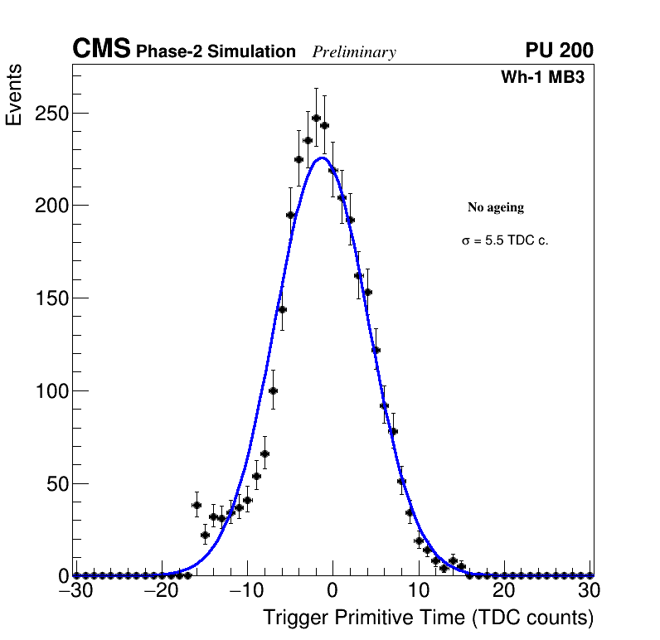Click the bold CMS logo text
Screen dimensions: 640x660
coord(101,50)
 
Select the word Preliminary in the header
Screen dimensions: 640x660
coord(354,52)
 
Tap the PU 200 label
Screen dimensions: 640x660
coord(559,51)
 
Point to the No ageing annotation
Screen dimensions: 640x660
coord(496,207)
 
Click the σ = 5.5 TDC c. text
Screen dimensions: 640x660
coord(505,241)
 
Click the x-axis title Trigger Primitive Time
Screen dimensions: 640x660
coord(428,618)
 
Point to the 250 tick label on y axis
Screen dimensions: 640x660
coord(51,113)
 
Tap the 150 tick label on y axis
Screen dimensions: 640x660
coord(51,298)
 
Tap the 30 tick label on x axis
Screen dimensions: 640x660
coord(589,590)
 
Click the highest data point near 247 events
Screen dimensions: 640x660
coord(316,118)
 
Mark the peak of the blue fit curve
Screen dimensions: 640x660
coord(322,158)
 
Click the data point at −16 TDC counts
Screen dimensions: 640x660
coord(197,505)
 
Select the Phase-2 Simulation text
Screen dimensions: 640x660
coord(216,52)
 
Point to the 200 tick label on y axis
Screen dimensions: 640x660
coord(51,206)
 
